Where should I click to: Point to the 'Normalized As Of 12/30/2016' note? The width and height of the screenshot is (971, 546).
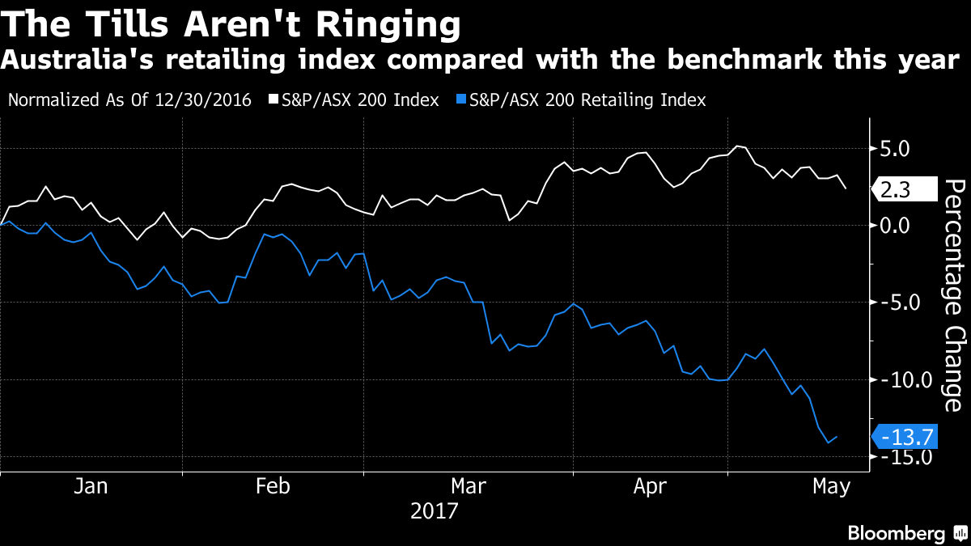(x=129, y=100)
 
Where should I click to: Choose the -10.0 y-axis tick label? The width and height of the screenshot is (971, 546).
(x=904, y=379)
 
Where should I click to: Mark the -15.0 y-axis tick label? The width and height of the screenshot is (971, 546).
(x=904, y=457)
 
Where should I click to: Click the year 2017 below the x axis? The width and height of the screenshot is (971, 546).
(x=434, y=511)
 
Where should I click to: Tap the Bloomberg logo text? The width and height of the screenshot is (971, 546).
(x=896, y=533)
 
